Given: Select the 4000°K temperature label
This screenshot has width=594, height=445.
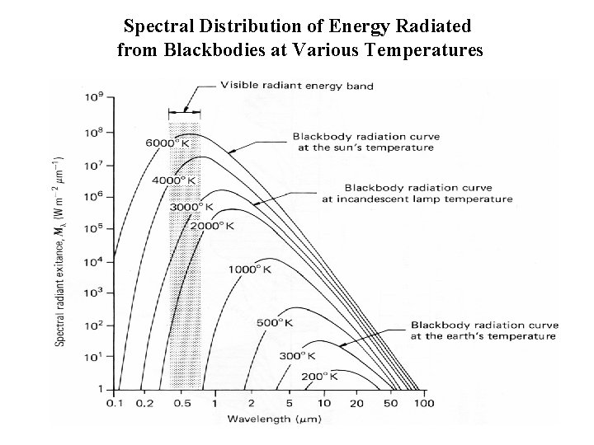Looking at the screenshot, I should [x=175, y=180].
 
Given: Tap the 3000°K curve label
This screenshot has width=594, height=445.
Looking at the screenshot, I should [x=191, y=207].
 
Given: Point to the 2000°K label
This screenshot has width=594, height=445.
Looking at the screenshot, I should [x=213, y=226].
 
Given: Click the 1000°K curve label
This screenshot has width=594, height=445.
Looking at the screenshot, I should [x=250, y=269].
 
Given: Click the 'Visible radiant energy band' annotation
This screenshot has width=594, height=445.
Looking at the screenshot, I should [x=296, y=86].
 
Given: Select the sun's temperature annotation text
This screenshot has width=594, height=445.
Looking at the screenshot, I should [x=365, y=142].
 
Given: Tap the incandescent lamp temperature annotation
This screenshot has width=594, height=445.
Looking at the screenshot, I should [x=428, y=193].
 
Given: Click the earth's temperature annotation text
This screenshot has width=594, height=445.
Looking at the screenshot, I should [x=483, y=330].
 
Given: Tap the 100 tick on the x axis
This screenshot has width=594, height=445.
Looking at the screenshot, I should [x=423, y=404].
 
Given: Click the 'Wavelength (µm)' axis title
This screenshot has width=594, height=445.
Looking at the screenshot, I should [x=270, y=420].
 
